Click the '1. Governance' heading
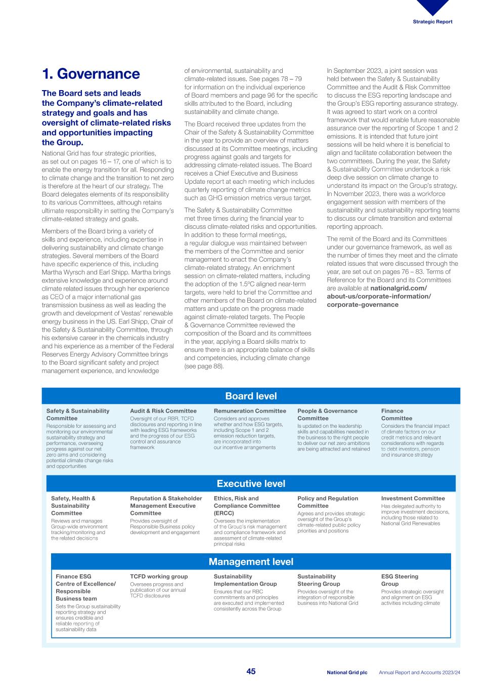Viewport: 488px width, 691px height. [x=91, y=74]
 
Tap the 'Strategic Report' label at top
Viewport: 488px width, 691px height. [x=432, y=22]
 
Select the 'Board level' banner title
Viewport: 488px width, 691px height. [x=251, y=396]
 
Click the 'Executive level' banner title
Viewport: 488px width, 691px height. [x=251, y=483]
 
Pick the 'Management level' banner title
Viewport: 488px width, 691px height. [x=251, y=561]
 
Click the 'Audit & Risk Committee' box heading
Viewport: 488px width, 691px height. [x=163, y=411]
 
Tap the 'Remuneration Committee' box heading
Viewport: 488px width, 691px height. [x=250, y=411]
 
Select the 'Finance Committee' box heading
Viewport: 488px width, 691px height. [x=396, y=415]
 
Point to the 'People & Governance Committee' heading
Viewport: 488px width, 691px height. [x=327, y=415]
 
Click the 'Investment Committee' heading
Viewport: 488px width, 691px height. [x=413, y=499]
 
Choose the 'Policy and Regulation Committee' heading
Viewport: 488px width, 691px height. [x=327, y=502]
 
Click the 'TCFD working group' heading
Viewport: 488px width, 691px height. [x=159, y=577]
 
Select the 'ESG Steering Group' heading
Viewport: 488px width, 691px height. [x=400, y=580]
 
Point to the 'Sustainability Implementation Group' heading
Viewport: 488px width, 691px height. [x=245, y=580]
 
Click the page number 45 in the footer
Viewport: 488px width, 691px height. [x=251, y=672]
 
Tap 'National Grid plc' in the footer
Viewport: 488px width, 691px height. [x=347, y=672]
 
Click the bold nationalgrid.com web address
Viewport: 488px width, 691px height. [x=379, y=296]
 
